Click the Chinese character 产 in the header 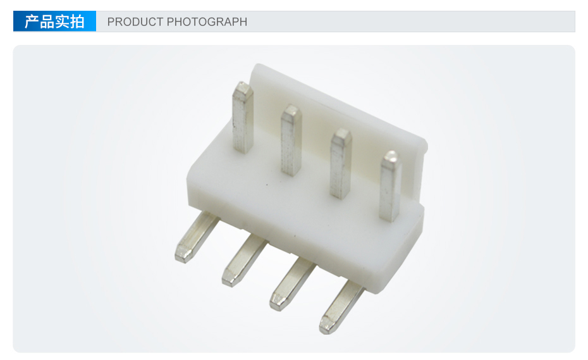(32, 22)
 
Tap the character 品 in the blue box (47, 22)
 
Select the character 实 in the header (62, 22)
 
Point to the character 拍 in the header (77, 22)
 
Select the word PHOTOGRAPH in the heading (207, 22)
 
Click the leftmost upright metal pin (243, 118)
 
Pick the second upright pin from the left (291, 140)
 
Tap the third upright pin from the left (341, 163)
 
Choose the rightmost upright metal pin (390, 186)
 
